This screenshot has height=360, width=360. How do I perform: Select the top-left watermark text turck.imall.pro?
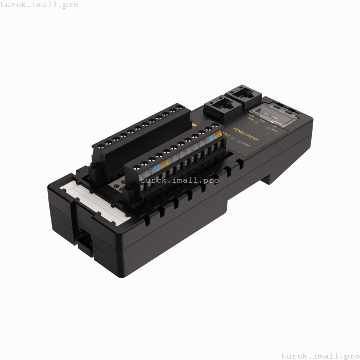[40, 5]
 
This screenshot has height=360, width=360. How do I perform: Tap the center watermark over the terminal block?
[180, 180]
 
